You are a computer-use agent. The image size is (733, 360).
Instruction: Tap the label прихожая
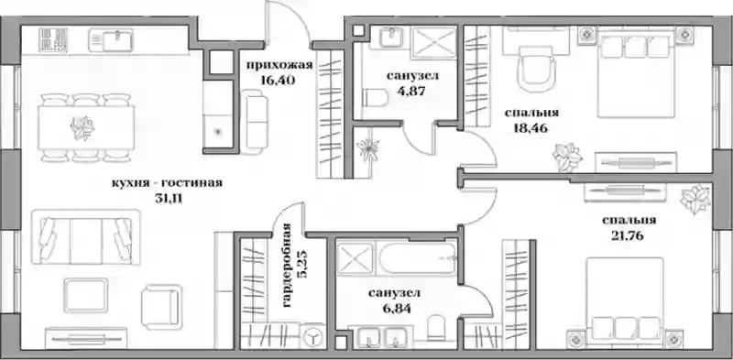click(279, 65)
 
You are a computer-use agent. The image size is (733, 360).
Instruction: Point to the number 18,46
click(531, 128)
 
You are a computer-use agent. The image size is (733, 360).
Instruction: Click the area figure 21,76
click(628, 236)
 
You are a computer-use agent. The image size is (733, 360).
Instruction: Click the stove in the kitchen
click(53, 38)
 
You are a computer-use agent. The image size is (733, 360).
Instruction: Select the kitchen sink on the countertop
click(112, 40)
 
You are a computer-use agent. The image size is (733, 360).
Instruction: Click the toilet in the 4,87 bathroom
click(375, 99)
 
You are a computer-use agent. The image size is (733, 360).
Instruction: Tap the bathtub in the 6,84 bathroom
click(416, 258)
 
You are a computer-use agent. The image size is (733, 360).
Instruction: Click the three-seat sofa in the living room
click(85, 237)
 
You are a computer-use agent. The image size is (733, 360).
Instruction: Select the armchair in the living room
click(161, 302)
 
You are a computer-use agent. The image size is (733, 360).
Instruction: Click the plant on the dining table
click(82, 127)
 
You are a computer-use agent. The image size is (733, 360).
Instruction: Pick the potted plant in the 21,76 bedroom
click(695, 198)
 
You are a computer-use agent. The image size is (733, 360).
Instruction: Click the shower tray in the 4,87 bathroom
click(434, 43)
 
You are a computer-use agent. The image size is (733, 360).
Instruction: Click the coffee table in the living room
click(85, 296)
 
